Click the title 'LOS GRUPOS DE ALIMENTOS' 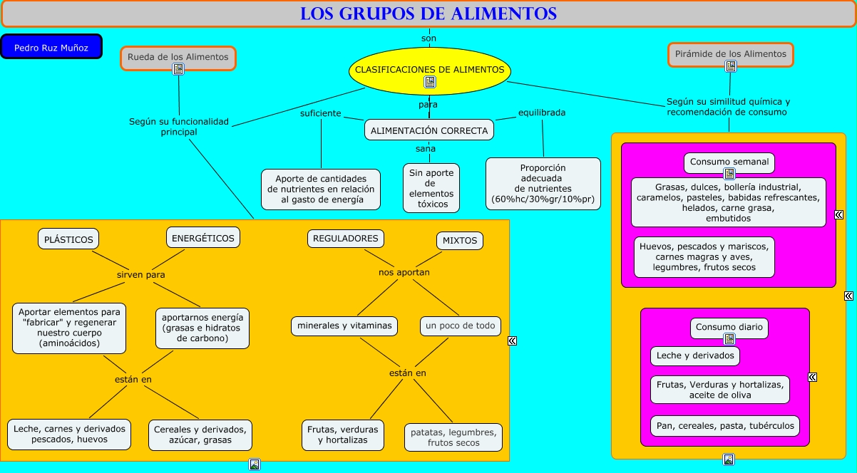[x=428, y=14]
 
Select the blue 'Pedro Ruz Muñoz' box [x=51, y=47]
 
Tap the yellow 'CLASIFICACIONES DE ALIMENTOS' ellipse [x=429, y=70]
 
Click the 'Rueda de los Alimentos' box [x=178, y=57]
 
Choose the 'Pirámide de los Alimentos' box [x=730, y=54]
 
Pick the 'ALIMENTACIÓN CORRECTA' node [x=429, y=130]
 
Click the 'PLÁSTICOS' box [x=68, y=239]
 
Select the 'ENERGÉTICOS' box [x=202, y=238]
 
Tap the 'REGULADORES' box [x=346, y=239]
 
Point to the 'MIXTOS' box [x=459, y=241]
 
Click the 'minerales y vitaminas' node [x=344, y=326]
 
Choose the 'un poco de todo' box [x=460, y=326]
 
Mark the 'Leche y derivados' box [x=694, y=355]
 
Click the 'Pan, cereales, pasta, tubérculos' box [x=725, y=426]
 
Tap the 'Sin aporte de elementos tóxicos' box [x=431, y=188]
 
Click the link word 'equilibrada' [x=542, y=113]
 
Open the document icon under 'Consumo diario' [x=729, y=340]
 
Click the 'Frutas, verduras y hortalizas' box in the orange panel [x=342, y=435]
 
